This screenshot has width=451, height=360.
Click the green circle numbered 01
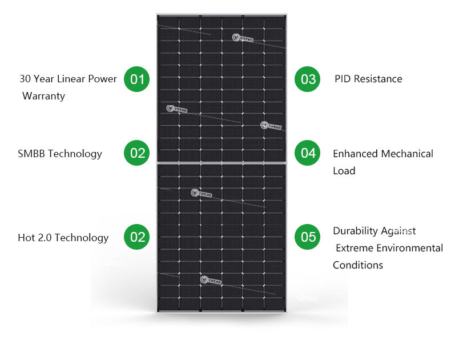(x=137, y=79)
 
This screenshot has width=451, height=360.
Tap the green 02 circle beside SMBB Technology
(x=137, y=153)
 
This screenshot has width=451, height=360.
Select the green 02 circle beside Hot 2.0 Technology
(x=137, y=237)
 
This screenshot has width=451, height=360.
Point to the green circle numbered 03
(x=308, y=79)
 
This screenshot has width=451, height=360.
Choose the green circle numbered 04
(x=308, y=153)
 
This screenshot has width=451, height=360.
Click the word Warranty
(x=44, y=96)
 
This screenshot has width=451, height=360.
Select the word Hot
(x=26, y=238)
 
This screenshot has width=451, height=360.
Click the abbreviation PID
(x=343, y=79)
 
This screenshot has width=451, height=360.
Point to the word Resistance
(x=378, y=79)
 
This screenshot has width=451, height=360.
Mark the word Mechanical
(x=407, y=154)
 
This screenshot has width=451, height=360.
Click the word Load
(x=344, y=171)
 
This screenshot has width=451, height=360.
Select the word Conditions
(x=358, y=265)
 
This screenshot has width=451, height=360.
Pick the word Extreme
(x=354, y=248)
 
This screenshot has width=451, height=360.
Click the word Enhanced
(x=356, y=154)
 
